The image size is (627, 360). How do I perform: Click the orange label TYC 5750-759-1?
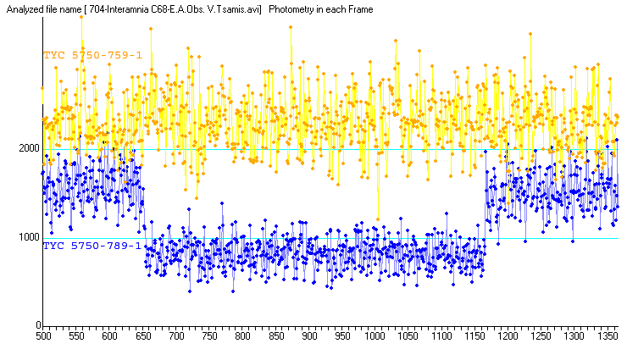point(92,55)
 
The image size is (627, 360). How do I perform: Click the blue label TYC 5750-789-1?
point(92,246)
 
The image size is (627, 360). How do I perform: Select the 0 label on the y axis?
point(37,325)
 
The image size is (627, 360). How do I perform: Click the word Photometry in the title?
point(292,8)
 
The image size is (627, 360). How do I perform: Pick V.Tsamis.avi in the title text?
point(233,8)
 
